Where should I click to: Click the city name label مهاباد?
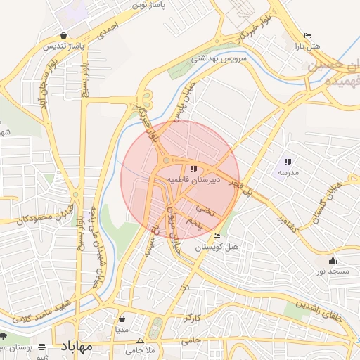pos(77,347)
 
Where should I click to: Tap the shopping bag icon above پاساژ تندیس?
pos(65,35)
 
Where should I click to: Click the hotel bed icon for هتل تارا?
pos(307,36)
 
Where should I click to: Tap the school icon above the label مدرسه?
pos(288,162)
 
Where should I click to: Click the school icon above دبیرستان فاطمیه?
pos(193,169)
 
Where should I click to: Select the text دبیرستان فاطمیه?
pos(194,180)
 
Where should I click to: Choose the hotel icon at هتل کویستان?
pos(217,237)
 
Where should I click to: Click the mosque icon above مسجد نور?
pos(333,261)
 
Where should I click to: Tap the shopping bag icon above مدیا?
pos(122,318)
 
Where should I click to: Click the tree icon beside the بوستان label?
pos(4,335)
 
